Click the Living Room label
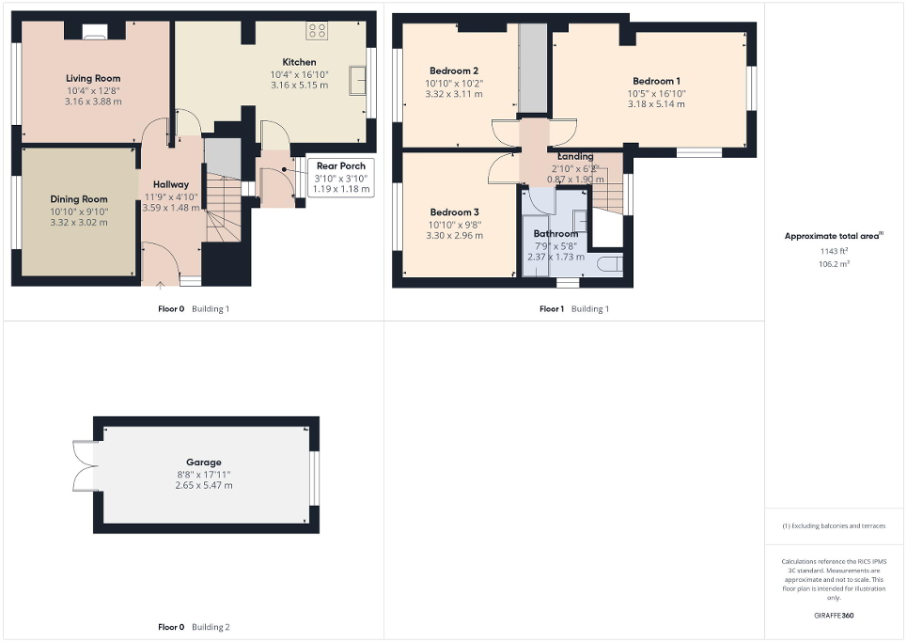93,78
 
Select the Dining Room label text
79,199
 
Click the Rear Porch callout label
340,165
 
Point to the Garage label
203,462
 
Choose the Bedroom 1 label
656,81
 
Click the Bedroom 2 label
454,70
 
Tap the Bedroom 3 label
454,212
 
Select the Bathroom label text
555,233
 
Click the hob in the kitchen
318,29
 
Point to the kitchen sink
358,80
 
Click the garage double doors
85,466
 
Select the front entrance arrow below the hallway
161,283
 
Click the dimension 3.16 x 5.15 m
299,86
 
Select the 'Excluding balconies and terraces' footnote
834,525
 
